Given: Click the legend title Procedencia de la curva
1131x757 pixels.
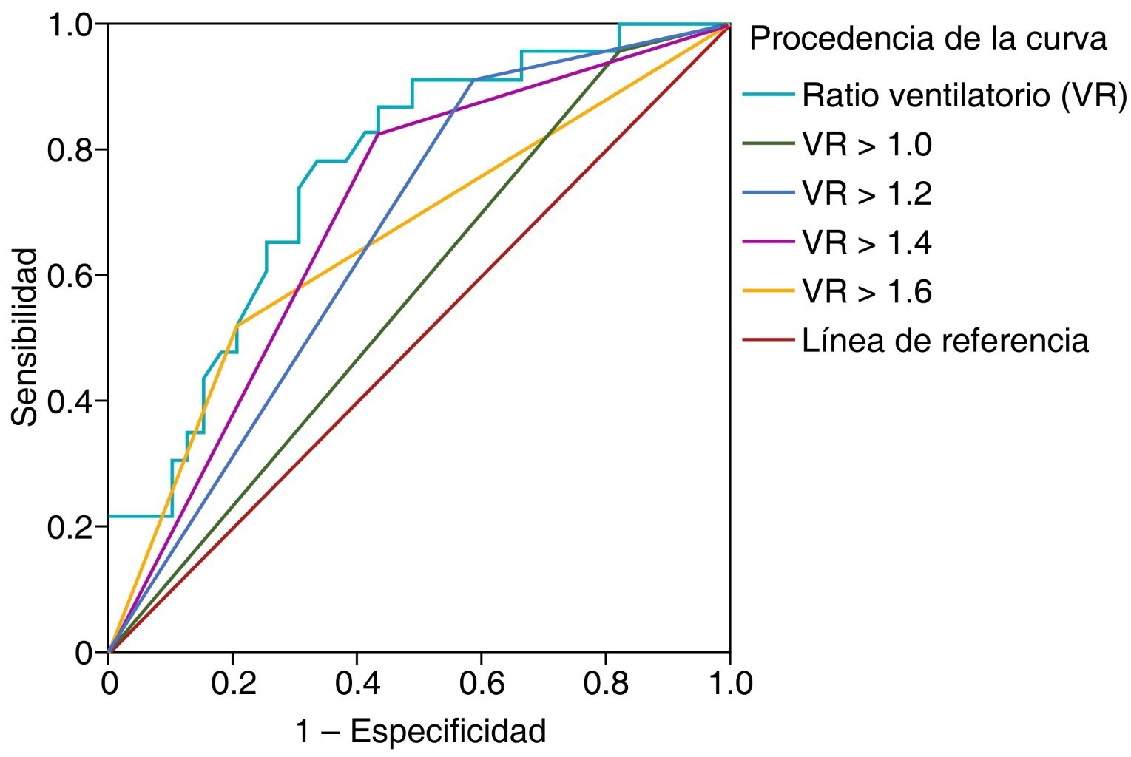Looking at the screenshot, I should pyautogui.click(x=928, y=39).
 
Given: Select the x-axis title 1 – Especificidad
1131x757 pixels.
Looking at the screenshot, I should pyautogui.click(x=420, y=731).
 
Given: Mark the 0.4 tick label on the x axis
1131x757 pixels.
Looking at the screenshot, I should pyautogui.click(x=357, y=683).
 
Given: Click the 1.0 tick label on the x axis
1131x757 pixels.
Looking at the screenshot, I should pyautogui.click(x=729, y=683).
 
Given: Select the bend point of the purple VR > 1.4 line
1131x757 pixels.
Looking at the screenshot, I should pyautogui.click(x=379, y=134).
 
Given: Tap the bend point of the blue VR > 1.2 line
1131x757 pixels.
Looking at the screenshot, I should pyautogui.click(x=473, y=79).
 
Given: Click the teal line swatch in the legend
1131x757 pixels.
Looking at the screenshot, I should pyautogui.click(x=769, y=95).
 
